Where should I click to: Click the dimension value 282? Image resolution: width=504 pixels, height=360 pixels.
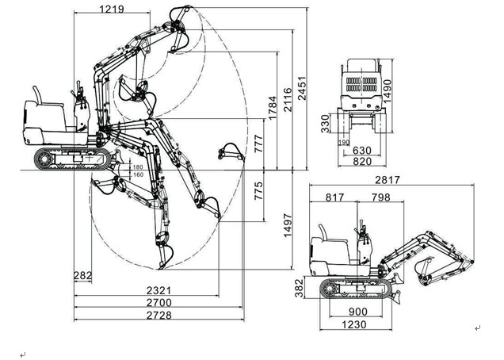[x=82, y=275]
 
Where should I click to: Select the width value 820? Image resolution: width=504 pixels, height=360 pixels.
[x=361, y=162]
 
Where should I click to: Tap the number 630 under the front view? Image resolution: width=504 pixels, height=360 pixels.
[x=362, y=150]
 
